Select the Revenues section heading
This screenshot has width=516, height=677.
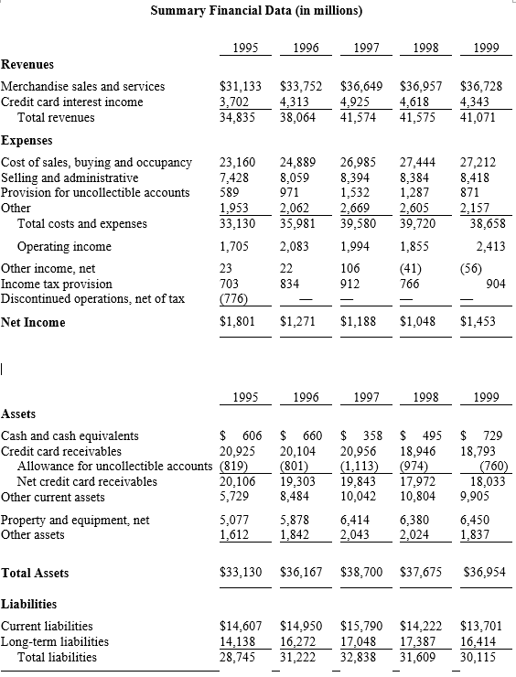pos(27,65)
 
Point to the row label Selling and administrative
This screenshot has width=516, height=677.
pos(70,177)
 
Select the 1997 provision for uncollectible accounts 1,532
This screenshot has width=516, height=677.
pos(357,192)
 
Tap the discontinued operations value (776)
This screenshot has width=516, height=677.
pos(238,298)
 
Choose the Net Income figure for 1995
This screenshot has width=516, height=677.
pos(240,322)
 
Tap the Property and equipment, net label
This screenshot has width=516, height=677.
pos(75,520)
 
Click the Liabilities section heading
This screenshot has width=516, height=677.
pos(28,604)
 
